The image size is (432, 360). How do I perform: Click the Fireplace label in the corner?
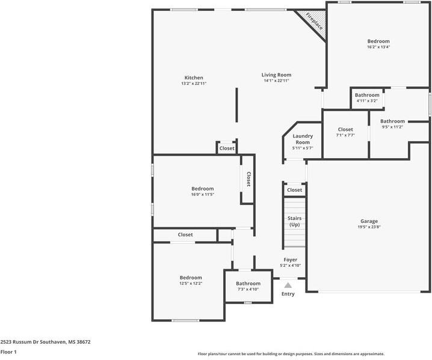pyautogui.click(x=314, y=22)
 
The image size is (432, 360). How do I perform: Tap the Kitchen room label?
pyautogui.click(x=194, y=78)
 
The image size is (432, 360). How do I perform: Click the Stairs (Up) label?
pyautogui.click(x=294, y=221)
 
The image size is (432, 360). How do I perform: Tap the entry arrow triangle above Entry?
pyautogui.click(x=288, y=285)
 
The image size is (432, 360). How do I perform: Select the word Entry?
pyautogui.click(x=288, y=294)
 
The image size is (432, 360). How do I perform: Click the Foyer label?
pyautogui.click(x=291, y=260)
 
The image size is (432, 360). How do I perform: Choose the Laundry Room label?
pyautogui.click(x=303, y=139)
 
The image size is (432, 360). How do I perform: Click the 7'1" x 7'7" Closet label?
pyautogui.click(x=345, y=129)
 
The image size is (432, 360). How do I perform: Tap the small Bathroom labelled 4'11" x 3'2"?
pyautogui.click(x=367, y=95)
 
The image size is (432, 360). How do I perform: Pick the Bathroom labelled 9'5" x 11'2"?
pyautogui.click(x=392, y=121)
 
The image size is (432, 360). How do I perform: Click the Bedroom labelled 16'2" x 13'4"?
pyautogui.click(x=378, y=41)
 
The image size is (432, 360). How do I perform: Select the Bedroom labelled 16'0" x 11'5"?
pyautogui.click(x=202, y=189)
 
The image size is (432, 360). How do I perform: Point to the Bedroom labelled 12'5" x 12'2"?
pyautogui.click(x=191, y=278)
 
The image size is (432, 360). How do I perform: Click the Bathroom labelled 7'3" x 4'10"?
pyautogui.click(x=248, y=284)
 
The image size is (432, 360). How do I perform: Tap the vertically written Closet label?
pyautogui.click(x=248, y=180)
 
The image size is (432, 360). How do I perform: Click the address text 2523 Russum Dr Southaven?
pyautogui.click(x=45, y=341)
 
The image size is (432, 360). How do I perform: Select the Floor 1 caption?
pyautogui.click(x=8, y=352)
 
